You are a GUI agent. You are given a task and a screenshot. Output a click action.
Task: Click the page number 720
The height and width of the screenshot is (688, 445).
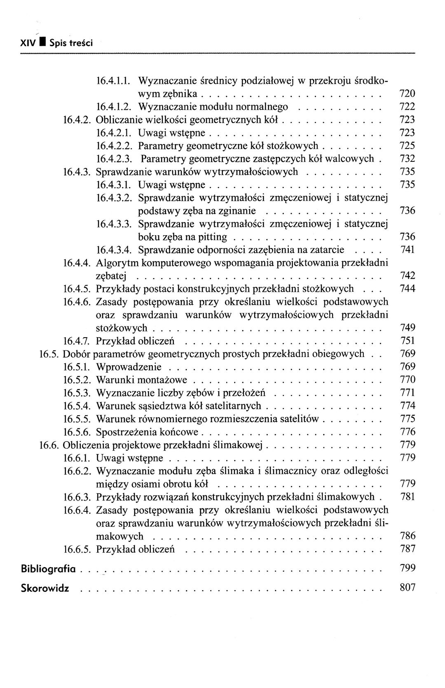click(407, 94)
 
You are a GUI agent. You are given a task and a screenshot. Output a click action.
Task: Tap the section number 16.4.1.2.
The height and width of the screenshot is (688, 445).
click(113, 107)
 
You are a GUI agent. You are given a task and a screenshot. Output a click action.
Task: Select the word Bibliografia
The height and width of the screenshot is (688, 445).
click(49, 569)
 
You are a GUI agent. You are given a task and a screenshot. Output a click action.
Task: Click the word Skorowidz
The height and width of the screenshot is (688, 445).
click(45, 588)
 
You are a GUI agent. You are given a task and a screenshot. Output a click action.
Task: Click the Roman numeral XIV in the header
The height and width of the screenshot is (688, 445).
click(28, 43)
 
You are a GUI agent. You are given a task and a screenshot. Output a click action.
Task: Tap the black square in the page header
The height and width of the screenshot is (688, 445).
click(42, 42)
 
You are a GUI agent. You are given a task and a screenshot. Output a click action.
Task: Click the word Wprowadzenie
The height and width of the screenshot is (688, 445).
click(129, 367)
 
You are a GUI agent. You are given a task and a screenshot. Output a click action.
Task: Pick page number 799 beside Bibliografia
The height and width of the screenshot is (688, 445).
click(408, 568)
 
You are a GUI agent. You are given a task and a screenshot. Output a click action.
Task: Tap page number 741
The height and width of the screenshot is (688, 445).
click(408, 250)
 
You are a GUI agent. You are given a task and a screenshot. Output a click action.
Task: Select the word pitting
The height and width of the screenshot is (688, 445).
click(213, 237)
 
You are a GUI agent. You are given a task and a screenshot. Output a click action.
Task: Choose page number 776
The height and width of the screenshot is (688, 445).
click(408, 432)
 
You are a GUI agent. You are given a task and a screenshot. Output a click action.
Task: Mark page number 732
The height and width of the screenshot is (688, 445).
click(408, 158)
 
